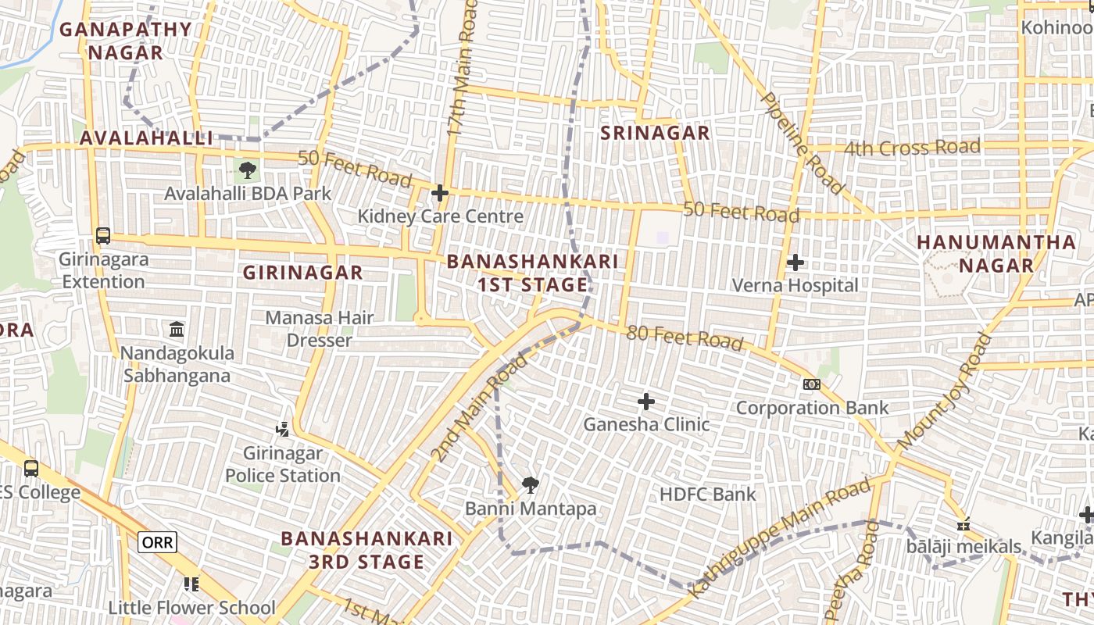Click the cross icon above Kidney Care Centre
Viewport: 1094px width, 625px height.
(440, 193)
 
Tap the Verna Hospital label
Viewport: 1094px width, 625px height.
(795, 285)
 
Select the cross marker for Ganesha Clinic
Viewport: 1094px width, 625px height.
(646, 402)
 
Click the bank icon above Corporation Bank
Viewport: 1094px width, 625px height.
(812, 384)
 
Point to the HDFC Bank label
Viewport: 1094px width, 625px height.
(708, 494)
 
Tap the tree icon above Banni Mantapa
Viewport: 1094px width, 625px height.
(531, 485)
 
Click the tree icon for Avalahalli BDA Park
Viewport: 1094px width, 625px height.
(248, 170)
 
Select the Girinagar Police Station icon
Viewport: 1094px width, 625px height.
(283, 429)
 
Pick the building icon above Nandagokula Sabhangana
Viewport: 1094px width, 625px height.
(177, 330)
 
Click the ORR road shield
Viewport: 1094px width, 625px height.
(157, 541)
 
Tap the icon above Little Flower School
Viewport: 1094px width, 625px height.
(191, 584)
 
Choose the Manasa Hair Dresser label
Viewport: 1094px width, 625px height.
(320, 329)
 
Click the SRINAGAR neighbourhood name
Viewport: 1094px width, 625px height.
(655, 133)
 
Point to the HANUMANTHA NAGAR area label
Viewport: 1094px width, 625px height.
(996, 254)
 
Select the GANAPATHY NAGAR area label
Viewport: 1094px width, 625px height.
(125, 41)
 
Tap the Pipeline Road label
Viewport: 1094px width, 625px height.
(802, 143)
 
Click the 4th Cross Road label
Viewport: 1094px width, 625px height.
(912, 148)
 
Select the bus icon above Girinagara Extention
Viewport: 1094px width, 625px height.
(102, 235)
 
